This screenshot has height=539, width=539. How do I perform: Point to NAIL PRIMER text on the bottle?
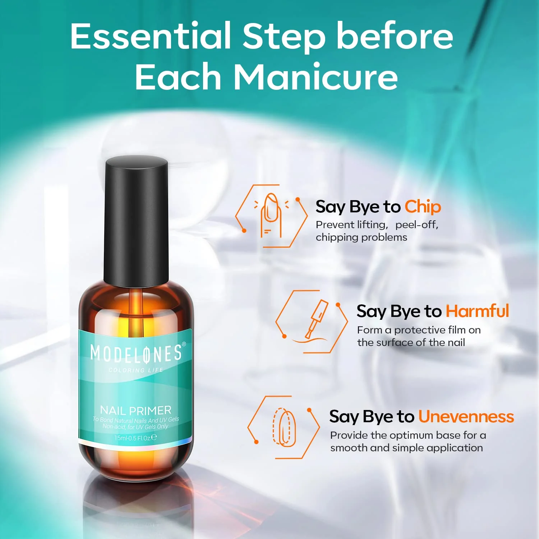135,410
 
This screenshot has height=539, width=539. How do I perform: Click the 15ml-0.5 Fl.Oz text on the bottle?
135,438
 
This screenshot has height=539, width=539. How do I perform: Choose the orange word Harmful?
478,311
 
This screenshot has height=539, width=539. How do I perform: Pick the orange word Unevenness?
466,416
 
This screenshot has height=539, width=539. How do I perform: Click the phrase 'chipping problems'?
361,238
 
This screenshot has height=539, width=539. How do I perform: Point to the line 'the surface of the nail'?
411,342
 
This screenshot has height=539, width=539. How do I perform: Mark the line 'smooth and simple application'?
406,448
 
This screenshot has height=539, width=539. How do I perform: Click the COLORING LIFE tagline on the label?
136,370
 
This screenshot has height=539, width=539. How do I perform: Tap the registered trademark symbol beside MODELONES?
184,344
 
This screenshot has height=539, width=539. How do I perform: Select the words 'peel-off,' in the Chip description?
417,225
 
